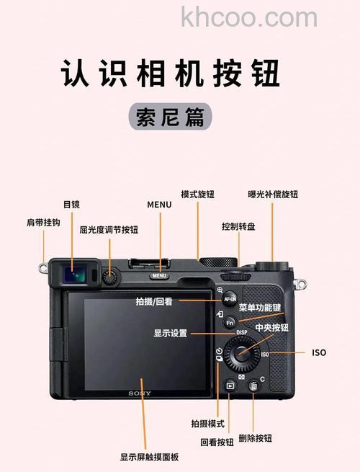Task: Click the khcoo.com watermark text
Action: coord(249,17)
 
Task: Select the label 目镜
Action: coord(71,205)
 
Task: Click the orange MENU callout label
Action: coord(159,205)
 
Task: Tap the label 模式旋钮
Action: coord(197,195)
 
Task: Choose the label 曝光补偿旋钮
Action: coord(273,195)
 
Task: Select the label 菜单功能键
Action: coord(260,308)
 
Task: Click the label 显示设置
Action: coord(170,333)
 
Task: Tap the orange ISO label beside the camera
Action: coord(318,353)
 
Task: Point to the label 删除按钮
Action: coord(255,438)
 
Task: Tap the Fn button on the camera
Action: coord(230,323)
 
